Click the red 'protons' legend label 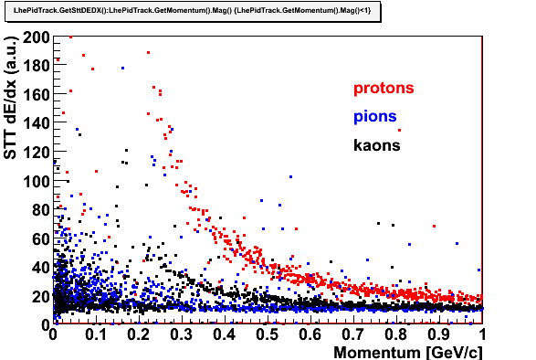coord(384,89)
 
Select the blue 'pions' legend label coord(375,117)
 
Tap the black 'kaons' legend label coord(377,145)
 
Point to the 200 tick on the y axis coord(37,37)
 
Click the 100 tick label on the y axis coord(37,181)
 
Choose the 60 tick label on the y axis coord(41,238)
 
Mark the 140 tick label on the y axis coord(37,123)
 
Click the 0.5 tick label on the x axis coord(267,334)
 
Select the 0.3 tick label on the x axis coord(181,334)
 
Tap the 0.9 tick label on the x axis coord(438,334)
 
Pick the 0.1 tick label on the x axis coord(96,334)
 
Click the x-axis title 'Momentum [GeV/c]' coord(408,352)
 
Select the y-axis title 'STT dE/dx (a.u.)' coord(10,97)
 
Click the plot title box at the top coord(193,11)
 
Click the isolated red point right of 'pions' coord(399,130)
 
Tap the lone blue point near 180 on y coord(122,69)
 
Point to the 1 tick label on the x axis coord(482,334)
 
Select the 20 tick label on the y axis coord(41,296)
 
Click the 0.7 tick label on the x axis coord(352,334)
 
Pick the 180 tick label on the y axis coord(37,66)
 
